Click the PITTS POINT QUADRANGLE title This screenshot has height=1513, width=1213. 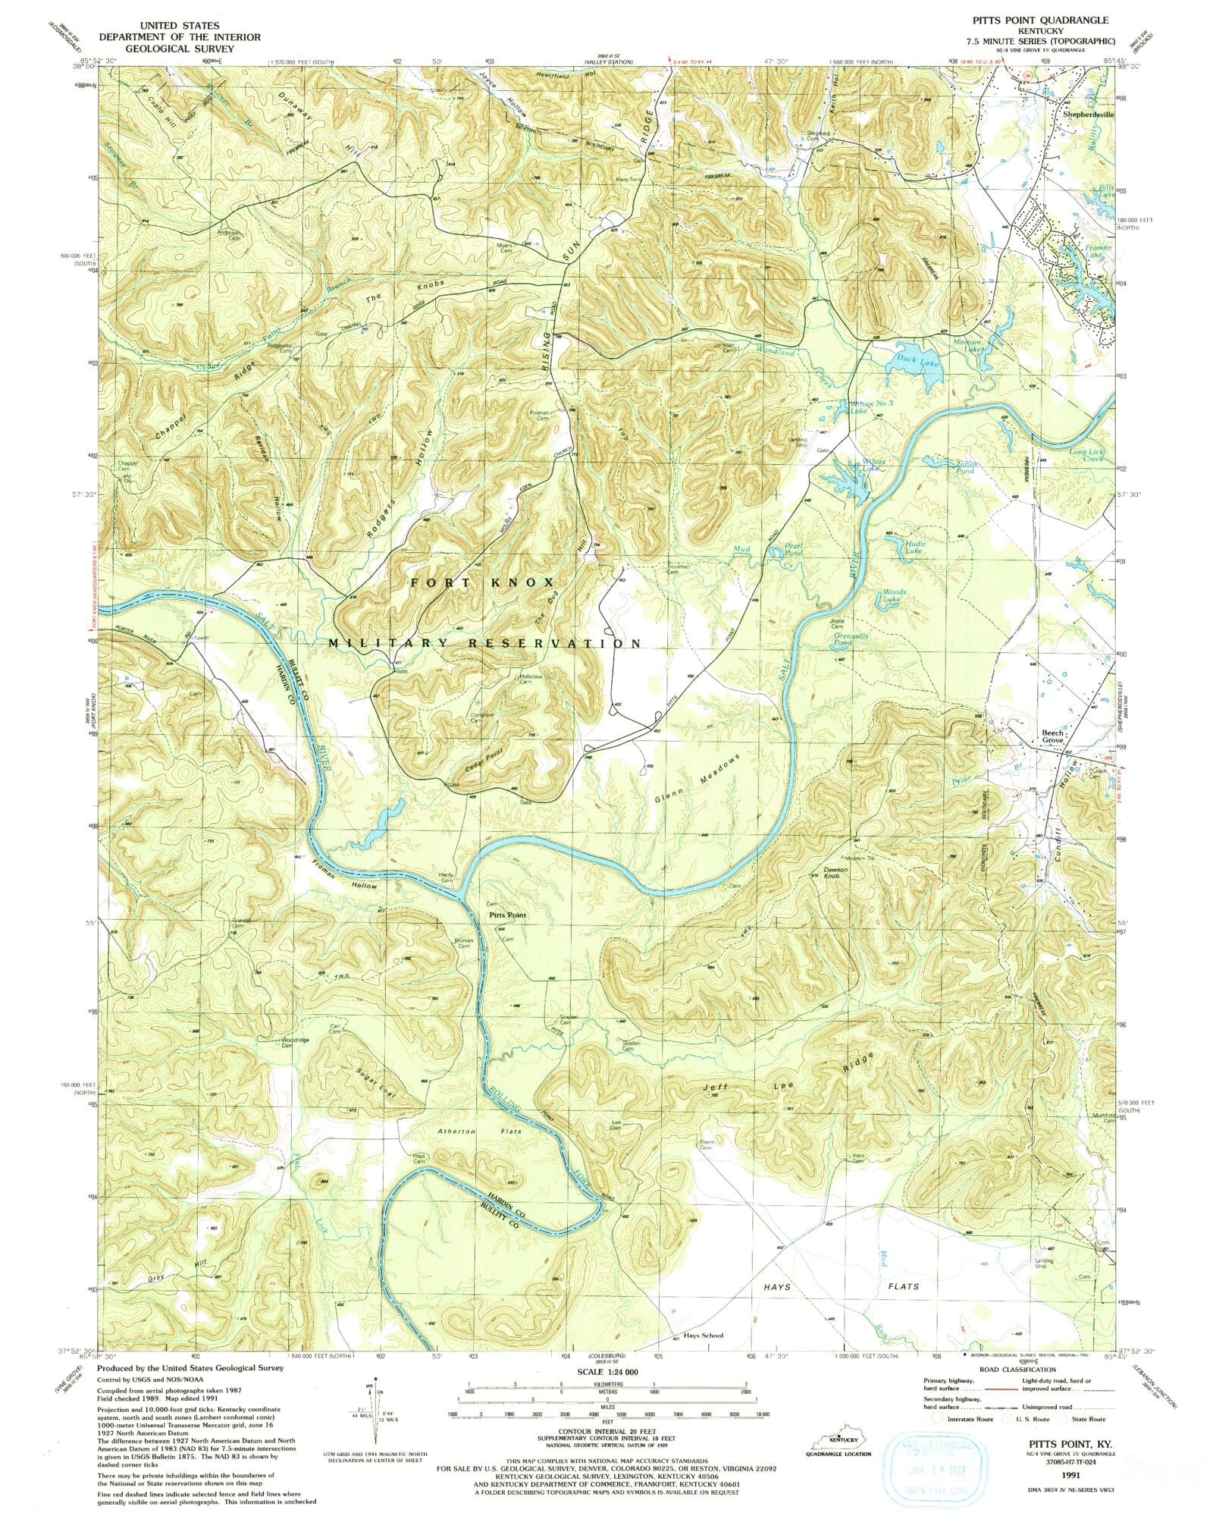tap(1049, 20)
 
